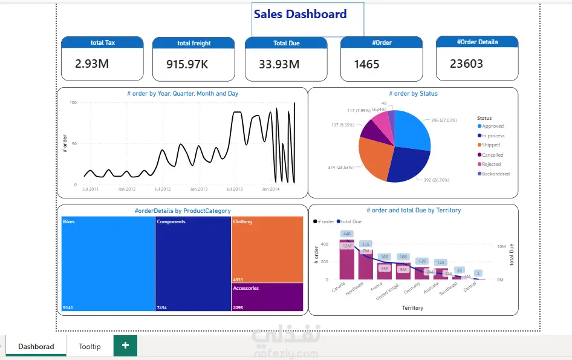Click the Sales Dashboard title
click(300, 15)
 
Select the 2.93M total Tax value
click(92, 63)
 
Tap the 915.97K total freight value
click(188, 64)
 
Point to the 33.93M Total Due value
click(279, 64)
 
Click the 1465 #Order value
click(366, 64)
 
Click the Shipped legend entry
click(491, 145)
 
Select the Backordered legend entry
click(495, 174)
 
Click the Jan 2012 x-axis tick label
click(127, 189)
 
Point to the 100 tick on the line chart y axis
click(73, 103)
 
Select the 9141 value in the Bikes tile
click(68, 308)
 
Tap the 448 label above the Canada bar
click(346, 234)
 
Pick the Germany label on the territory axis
click(413, 289)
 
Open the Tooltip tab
click(89, 347)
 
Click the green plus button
click(125, 345)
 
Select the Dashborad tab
click(36, 347)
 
